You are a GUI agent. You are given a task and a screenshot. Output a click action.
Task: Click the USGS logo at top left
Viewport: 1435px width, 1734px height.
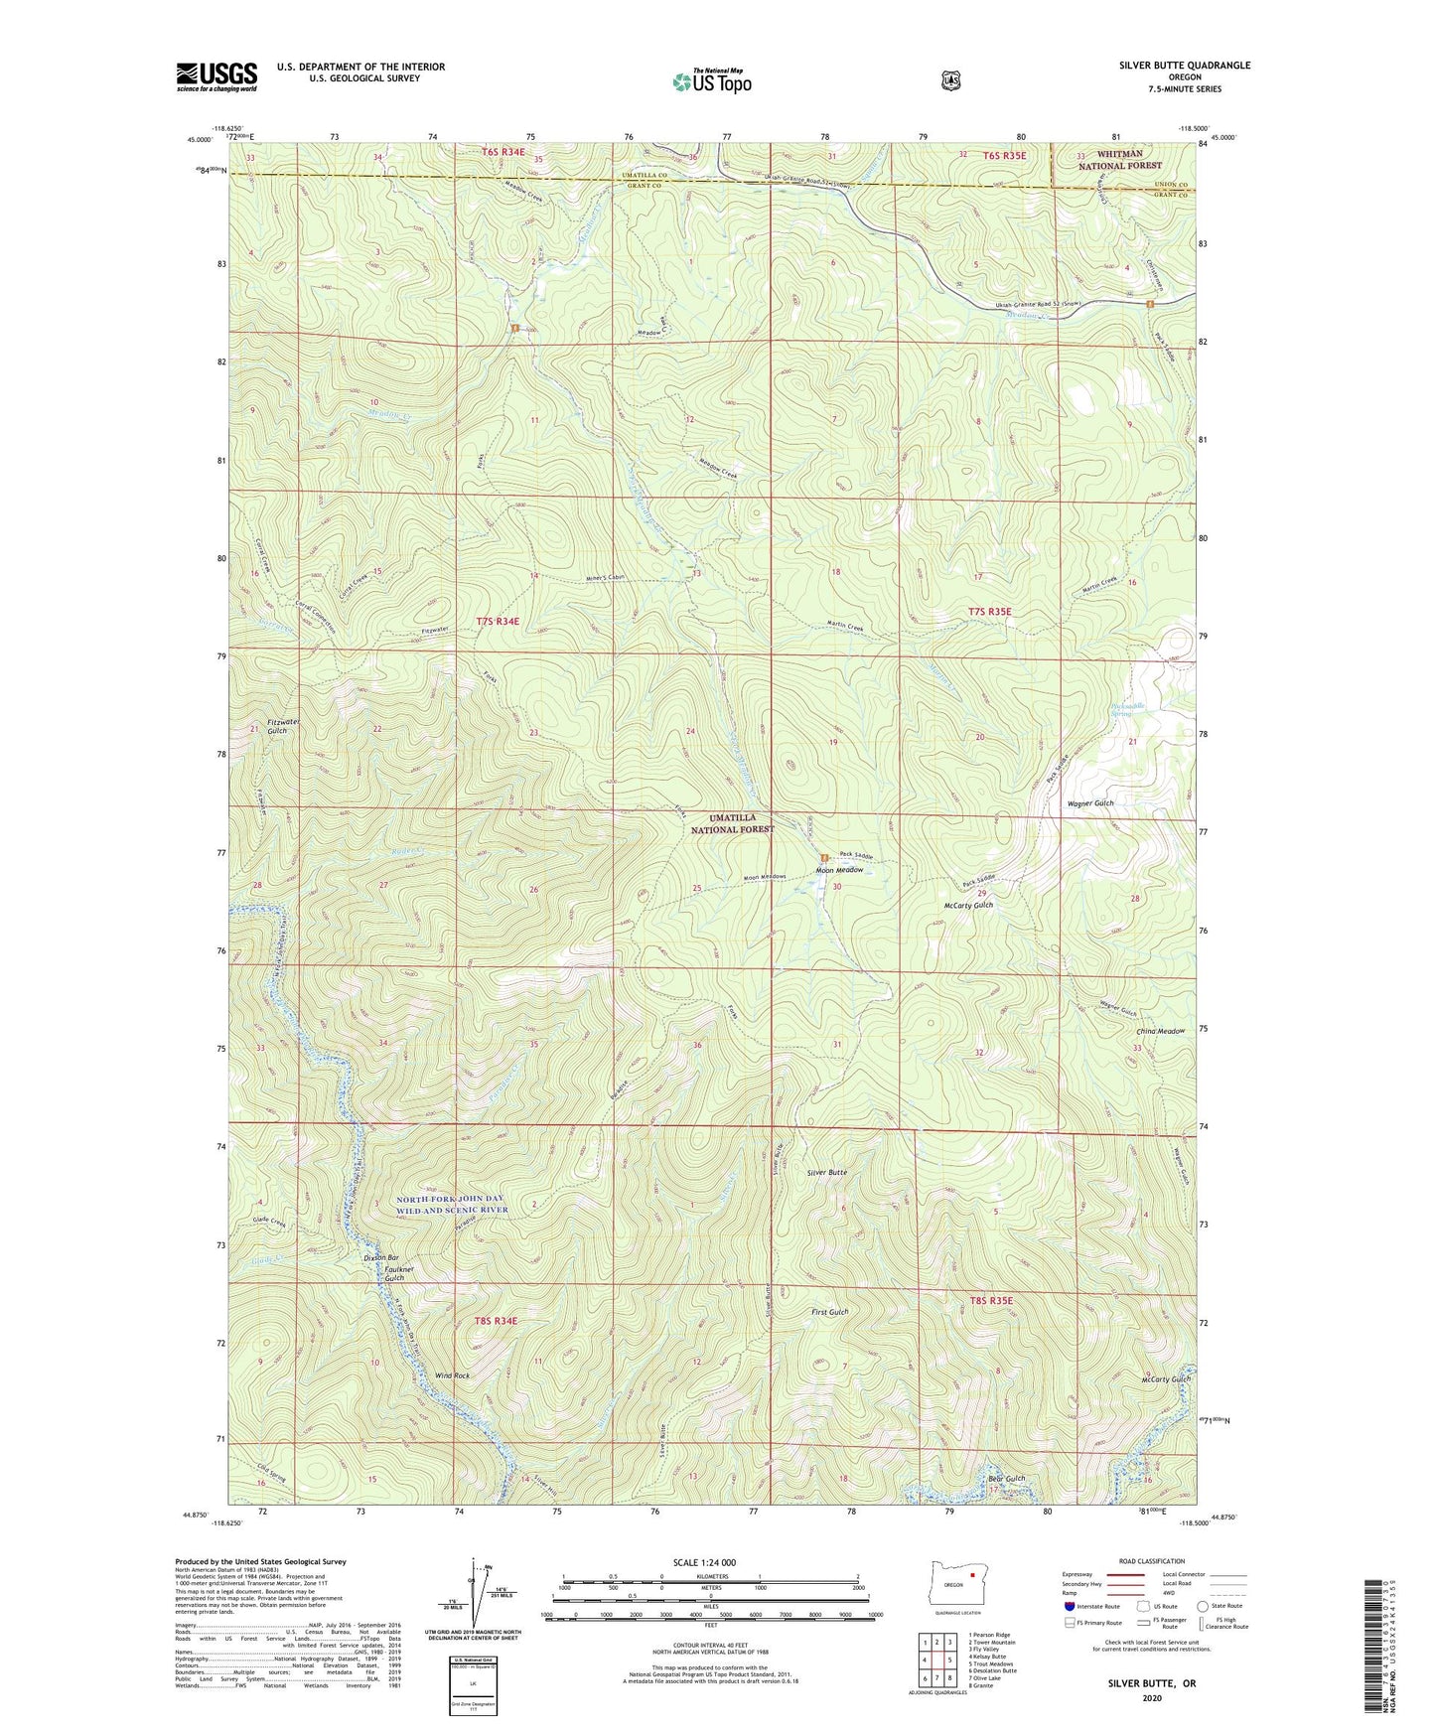216,76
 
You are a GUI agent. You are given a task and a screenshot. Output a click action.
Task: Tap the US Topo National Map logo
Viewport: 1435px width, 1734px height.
711,81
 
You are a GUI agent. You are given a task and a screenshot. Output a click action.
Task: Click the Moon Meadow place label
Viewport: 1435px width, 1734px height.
839,870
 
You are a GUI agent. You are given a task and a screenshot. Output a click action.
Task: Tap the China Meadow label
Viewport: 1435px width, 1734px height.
1160,1031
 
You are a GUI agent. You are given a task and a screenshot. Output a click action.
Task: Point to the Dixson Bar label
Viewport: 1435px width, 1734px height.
380,1258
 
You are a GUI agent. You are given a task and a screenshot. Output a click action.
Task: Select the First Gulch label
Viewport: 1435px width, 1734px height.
829,1312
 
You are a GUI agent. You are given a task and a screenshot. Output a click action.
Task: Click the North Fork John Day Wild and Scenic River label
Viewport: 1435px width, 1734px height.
452,1205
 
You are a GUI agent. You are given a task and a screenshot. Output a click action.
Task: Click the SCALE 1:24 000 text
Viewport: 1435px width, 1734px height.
704,1562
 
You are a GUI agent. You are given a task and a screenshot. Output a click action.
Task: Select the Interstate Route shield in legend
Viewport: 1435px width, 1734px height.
1069,1606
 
